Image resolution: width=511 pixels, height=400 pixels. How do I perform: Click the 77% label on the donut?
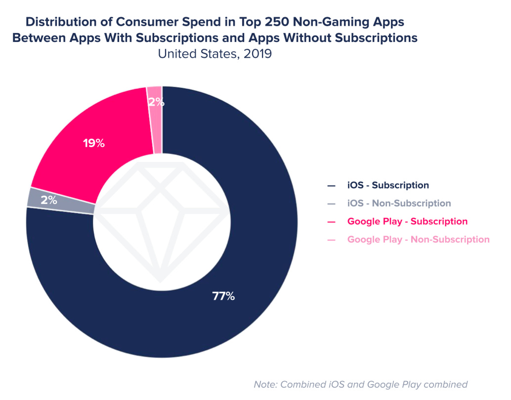(x=223, y=296)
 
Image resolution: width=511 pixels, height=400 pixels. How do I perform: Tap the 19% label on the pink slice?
(x=93, y=144)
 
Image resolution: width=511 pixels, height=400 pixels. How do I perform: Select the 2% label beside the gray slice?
(x=49, y=200)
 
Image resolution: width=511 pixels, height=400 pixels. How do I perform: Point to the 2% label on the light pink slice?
(x=156, y=103)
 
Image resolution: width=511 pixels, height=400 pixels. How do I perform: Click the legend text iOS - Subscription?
(x=388, y=186)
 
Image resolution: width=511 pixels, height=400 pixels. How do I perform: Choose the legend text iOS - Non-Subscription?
(x=399, y=203)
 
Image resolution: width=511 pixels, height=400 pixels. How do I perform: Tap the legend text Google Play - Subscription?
(x=407, y=221)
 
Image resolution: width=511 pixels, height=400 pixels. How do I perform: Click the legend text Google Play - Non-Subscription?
(x=418, y=240)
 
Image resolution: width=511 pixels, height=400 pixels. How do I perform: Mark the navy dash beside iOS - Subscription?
(x=331, y=186)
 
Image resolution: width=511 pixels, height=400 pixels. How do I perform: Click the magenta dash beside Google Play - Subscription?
(x=331, y=222)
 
